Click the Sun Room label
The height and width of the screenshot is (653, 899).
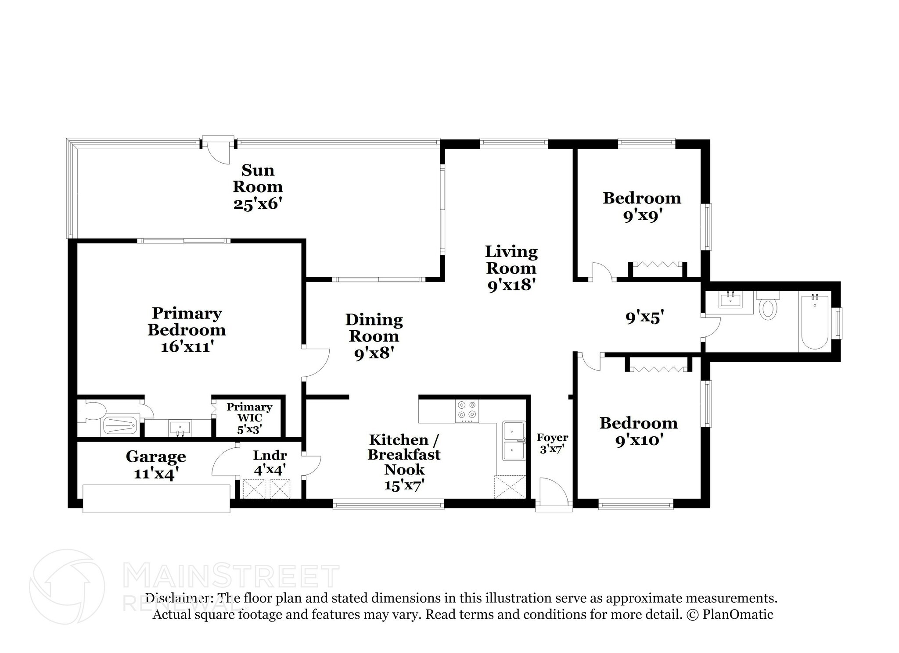click(258, 186)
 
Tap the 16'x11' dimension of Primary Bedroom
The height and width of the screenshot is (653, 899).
click(187, 347)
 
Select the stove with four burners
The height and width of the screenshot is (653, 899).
click(467, 411)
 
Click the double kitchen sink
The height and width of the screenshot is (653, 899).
click(514, 441)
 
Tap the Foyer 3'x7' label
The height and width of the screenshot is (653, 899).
click(552, 442)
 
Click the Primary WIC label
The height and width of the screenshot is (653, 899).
click(249, 417)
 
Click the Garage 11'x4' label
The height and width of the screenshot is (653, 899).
click(156, 464)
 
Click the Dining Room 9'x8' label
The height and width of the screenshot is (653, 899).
click(374, 336)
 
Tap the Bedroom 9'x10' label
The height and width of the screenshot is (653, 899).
click(639, 431)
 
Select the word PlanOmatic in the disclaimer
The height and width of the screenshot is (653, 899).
click(737, 614)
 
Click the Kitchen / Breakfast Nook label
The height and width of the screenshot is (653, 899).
click(404, 461)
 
